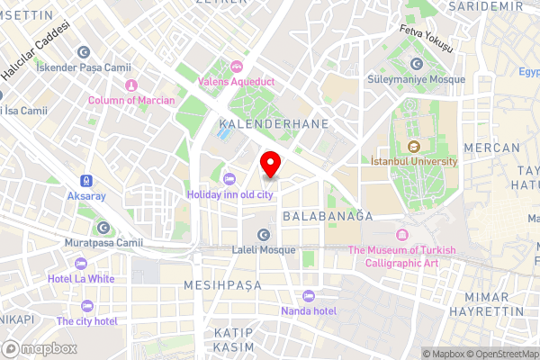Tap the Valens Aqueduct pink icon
pyautogui.click(x=236, y=66)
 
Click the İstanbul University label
pyautogui.click(x=414, y=161)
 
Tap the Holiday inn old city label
pyautogui.click(x=229, y=193)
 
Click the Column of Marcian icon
pyautogui.click(x=131, y=85)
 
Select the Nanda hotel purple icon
pyautogui.click(x=309, y=296)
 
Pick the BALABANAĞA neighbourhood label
pyautogui.click(x=327, y=217)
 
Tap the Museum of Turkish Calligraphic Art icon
pyautogui.click(x=401, y=235)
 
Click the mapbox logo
pyautogui.click(x=40, y=348)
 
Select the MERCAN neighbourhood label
pyautogui.click(x=490, y=147)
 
